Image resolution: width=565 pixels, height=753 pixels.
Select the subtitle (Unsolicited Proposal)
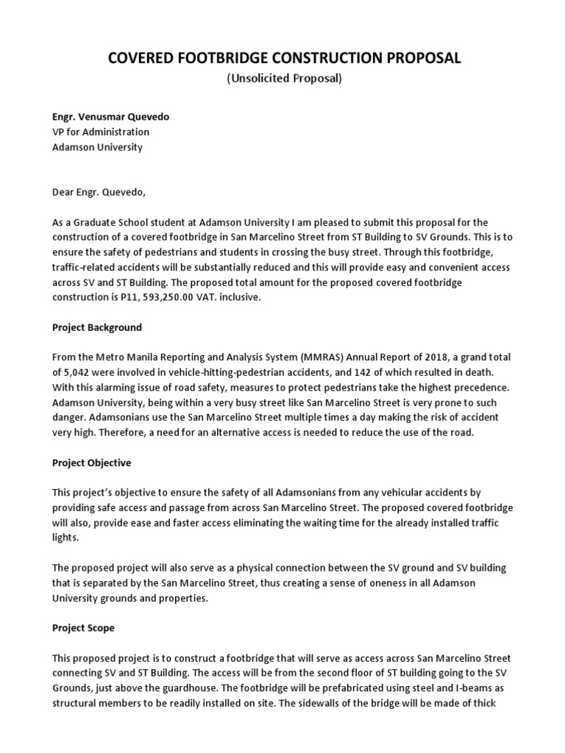283,79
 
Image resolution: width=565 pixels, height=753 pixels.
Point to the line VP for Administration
100,132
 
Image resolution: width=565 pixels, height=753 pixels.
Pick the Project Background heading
96,327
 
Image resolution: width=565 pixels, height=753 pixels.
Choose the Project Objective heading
91,463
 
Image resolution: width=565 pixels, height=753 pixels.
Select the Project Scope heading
83,628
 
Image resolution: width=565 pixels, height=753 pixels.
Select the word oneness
355,583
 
